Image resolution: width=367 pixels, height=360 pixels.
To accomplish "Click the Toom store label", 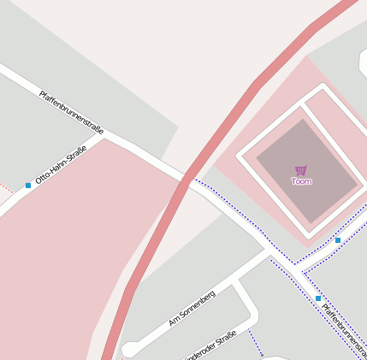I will tap(301, 181).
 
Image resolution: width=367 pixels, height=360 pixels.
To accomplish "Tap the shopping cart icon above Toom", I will tap(300, 170).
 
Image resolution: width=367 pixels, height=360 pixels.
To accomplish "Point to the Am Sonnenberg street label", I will tap(192, 308).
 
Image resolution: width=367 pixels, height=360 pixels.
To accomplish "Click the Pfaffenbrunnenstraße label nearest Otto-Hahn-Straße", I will tap(72, 111).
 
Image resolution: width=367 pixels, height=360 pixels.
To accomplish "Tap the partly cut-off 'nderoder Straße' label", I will tap(210, 345).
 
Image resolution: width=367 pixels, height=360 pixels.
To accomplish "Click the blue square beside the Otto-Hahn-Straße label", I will tap(28, 185).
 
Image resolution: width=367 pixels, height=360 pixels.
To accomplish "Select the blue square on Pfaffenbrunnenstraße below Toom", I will tap(318, 298).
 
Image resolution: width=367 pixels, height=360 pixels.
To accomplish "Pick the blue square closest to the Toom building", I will tap(338, 240).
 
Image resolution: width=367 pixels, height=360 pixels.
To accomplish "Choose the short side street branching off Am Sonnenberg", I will tap(246, 298).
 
